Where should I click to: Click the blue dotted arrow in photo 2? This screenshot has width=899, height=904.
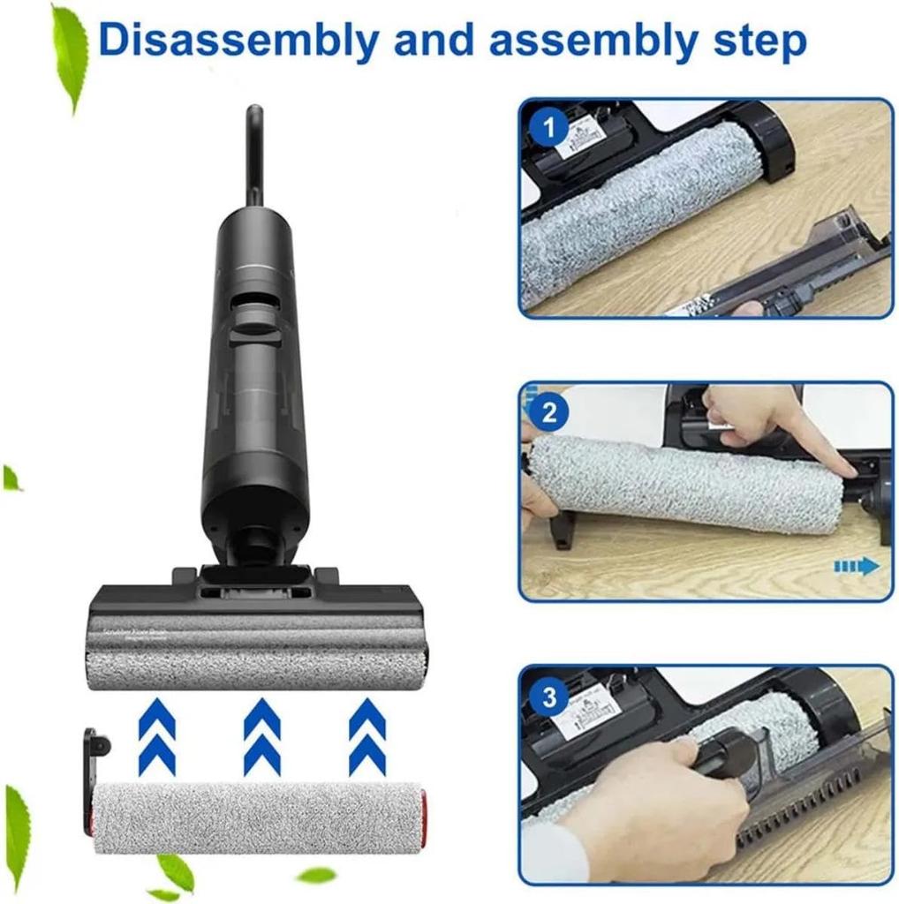(856, 566)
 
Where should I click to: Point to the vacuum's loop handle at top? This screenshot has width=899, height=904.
(254, 150)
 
